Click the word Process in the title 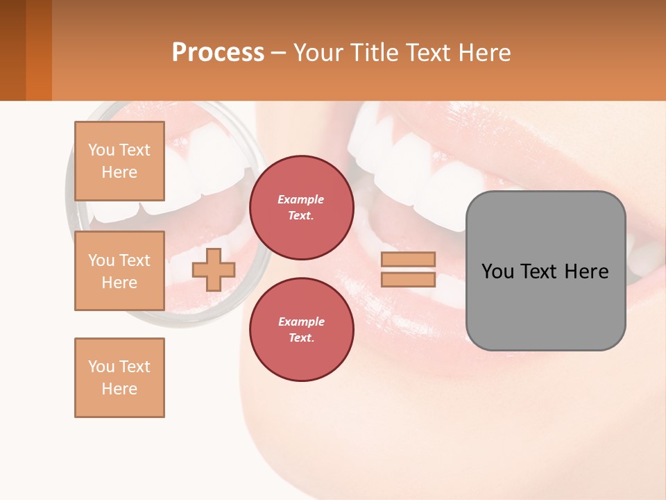(x=218, y=53)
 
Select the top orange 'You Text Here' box (x=119, y=161)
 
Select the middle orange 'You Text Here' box (x=119, y=271)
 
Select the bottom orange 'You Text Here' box (x=119, y=378)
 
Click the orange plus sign (x=214, y=269)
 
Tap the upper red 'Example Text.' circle (x=301, y=208)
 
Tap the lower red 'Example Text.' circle (x=301, y=330)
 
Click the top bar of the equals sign (x=408, y=259)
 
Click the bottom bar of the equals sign (x=408, y=280)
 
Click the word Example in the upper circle (x=301, y=199)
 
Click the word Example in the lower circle (x=301, y=322)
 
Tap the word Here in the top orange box (x=119, y=172)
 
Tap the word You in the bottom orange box (x=101, y=367)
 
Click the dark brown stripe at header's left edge (x=12, y=50)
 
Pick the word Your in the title (x=317, y=53)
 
